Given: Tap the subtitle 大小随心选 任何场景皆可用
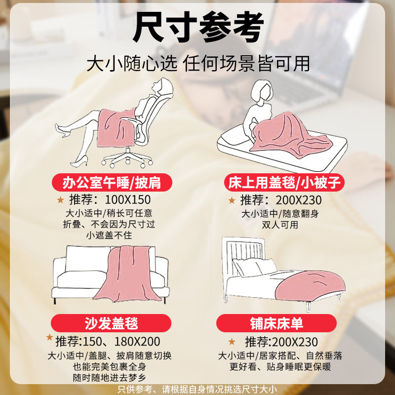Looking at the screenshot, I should pos(198,63).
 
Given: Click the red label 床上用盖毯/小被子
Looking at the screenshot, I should pos(283,182).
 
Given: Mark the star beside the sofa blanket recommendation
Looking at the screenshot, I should pos(50,338).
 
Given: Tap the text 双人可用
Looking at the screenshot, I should pos(280,225).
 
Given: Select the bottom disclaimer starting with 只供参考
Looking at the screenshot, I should pos(197,389).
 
